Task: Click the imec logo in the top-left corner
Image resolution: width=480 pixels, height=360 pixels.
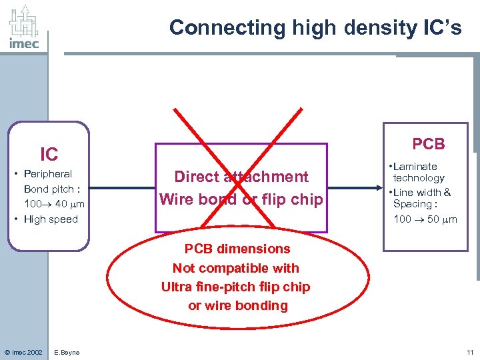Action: coord(24,28)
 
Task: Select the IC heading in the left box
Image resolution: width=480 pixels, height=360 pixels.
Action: coord(49,155)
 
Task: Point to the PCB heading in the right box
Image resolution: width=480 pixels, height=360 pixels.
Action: coord(428,144)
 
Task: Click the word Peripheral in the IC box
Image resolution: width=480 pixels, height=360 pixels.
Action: coord(48,174)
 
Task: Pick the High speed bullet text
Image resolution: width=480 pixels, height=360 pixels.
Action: coord(51,219)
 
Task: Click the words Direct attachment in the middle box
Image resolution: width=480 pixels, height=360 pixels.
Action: coord(241,177)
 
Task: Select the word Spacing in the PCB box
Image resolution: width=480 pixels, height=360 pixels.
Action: coord(411,204)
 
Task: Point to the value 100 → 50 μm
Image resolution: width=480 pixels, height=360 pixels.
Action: coord(425,219)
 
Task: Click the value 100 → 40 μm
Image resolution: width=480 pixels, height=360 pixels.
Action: coord(53,204)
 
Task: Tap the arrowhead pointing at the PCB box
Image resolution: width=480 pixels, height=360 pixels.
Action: coord(378,189)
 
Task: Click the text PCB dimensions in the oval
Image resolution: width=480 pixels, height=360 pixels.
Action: coord(237,249)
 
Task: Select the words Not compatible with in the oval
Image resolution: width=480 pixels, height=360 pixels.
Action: coord(236,268)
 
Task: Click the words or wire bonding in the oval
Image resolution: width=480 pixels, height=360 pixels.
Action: coord(238,306)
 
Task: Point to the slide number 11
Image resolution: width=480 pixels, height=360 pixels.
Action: coord(470,352)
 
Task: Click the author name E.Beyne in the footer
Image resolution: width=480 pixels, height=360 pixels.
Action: coord(67,352)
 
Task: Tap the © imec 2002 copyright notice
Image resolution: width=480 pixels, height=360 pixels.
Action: coord(23,352)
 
